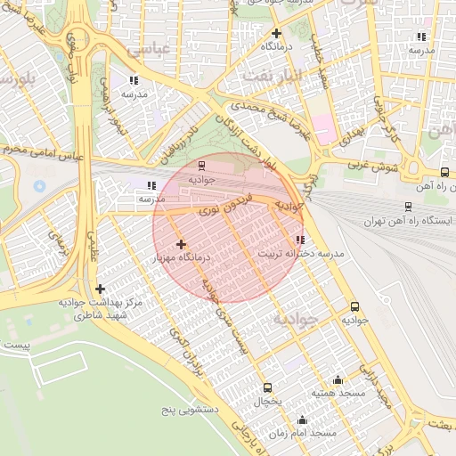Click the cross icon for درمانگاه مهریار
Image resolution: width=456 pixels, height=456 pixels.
pos(181,243)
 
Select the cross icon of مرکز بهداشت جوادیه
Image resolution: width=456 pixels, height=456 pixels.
pos(100,289)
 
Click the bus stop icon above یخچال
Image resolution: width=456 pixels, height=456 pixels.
pos(268,387)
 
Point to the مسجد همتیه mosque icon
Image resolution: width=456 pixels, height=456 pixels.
pos(337,379)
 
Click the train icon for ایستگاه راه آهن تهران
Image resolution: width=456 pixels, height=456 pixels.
pos(407,204)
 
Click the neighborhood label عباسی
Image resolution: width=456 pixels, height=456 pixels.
pos(148,50)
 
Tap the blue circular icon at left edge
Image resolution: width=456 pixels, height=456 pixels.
pos(39,187)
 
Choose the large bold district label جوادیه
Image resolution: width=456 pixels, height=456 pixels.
pos(295,318)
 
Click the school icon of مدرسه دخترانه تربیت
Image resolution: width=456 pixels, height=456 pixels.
pos(299,239)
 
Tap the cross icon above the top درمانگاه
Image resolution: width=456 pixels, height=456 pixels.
pos(277,34)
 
